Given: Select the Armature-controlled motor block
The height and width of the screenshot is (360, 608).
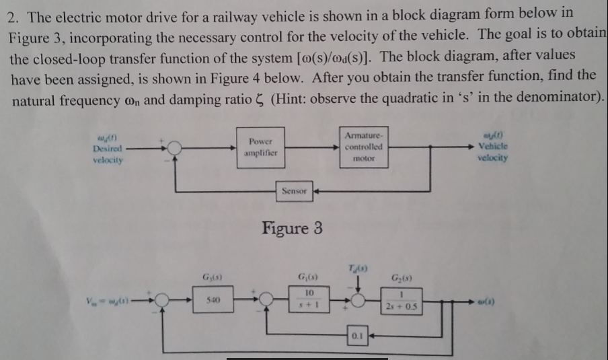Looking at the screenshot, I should pos(363,146).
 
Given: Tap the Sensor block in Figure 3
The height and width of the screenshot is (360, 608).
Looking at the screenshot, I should pos(295,192).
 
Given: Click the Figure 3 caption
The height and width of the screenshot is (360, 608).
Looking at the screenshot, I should pos(291,228).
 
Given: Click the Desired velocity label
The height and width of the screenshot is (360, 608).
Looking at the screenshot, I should pos(107,148).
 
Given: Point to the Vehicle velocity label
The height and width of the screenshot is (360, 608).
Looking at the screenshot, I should pos(493,146).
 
